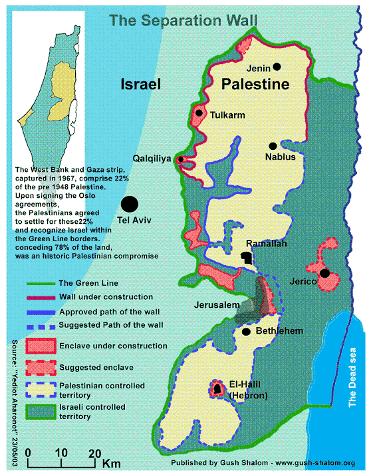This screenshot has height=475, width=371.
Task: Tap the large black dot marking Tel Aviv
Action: (129, 204)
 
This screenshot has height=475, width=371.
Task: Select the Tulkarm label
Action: (227, 115)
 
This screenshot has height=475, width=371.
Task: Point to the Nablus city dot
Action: (272, 146)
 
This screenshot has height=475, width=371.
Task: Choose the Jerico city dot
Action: (324, 273)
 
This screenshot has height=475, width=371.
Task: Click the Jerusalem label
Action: (216, 304)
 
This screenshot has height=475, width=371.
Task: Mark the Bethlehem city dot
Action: (246, 331)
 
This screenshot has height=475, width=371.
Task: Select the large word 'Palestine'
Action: (255, 85)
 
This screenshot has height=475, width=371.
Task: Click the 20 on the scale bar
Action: (94, 454)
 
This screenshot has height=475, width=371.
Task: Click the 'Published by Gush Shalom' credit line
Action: (263, 462)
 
